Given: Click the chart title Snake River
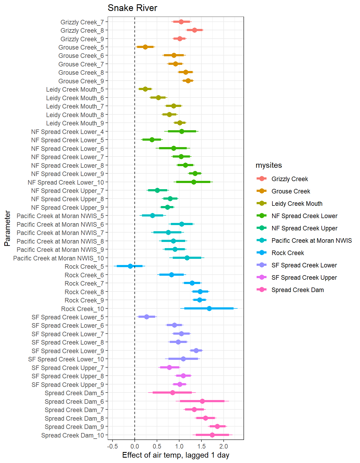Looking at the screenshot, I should pyautogui.click(x=132, y=8).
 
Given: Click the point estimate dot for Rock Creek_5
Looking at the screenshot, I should pyautogui.click(x=130, y=266).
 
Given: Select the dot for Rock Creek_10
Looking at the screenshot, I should pyautogui.click(x=209, y=308).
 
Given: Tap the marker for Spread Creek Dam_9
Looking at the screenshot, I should pyautogui.click(x=217, y=426).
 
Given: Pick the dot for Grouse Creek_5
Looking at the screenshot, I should pyautogui.click(x=145, y=47).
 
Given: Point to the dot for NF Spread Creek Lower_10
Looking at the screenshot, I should pyautogui.click(x=194, y=182).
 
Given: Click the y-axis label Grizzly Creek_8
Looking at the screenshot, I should pyautogui.click(x=82, y=31).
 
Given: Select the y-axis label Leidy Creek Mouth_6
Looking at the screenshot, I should pyautogui.click(x=75, y=98).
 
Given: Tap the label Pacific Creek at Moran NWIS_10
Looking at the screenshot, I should pyautogui.click(x=58, y=258).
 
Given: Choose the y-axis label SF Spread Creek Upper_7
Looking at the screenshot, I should pyautogui.click(x=67, y=368).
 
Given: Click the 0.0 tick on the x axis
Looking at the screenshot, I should pyautogui.click(x=134, y=446).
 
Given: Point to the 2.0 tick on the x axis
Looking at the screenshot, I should pyautogui.click(x=224, y=446).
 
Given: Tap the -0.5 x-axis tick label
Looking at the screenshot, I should pyautogui.click(x=112, y=446).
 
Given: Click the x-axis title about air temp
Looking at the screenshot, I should pyautogui.click(x=176, y=455).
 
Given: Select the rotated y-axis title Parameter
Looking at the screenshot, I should pyautogui.click(x=7, y=228).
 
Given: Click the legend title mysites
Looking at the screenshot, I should pyautogui.click(x=269, y=165).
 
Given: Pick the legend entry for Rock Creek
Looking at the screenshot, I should pyautogui.click(x=288, y=253).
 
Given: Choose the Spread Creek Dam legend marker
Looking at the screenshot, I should pyautogui.click(x=261, y=290).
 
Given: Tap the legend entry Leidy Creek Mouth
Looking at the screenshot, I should pyautogui.click(x=297, y=204).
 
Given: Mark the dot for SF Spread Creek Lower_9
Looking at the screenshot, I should pyautogui.click(x=196, y=350).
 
